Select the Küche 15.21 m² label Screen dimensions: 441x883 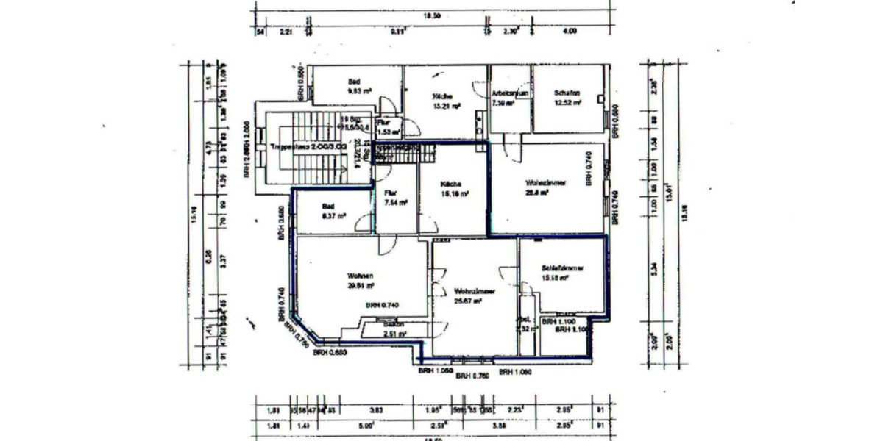[x=446, y=101]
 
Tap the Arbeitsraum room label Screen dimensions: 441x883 [x=508, y=98]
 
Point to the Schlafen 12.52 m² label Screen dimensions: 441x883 [x=567, y=97]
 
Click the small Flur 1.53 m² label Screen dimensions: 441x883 [x=387, y=128]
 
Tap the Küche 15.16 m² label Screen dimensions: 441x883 [x=454, y=189]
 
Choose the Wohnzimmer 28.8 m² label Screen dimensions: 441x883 [x=545, y=187]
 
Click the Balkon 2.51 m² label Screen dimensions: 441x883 [x=395, y=329]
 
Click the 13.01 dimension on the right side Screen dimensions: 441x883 [x=666, y=196]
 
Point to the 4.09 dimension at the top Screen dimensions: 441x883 [x=569, y=32]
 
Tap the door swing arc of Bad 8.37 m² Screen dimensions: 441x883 [x=361, y=223]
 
